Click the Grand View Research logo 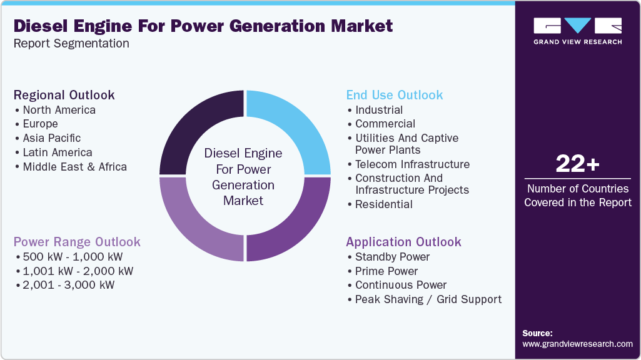[x=577, y=31]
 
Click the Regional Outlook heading [x=64, y=95]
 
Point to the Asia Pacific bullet [x=51, y=138]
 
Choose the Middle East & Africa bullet [x=74, y=167]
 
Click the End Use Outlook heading [x=394, y=95]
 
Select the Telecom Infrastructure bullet [x=412, y=164]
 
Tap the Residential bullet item [x=383, y=204]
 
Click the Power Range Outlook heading [x=77, y=242]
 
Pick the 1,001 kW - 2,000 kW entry [x=78, y=271]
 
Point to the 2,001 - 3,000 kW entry [x=69, y=285]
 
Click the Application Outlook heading [x=403, y=242]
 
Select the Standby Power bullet [x=392, y=257]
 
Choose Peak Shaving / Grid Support [x=428, y=299]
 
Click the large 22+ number [x=577, y=164]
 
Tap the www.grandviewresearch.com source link [x=577, y=344]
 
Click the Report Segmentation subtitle [x=71, y=43]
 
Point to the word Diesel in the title [x=41, y=26]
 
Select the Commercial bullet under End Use [x=385, y=124]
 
